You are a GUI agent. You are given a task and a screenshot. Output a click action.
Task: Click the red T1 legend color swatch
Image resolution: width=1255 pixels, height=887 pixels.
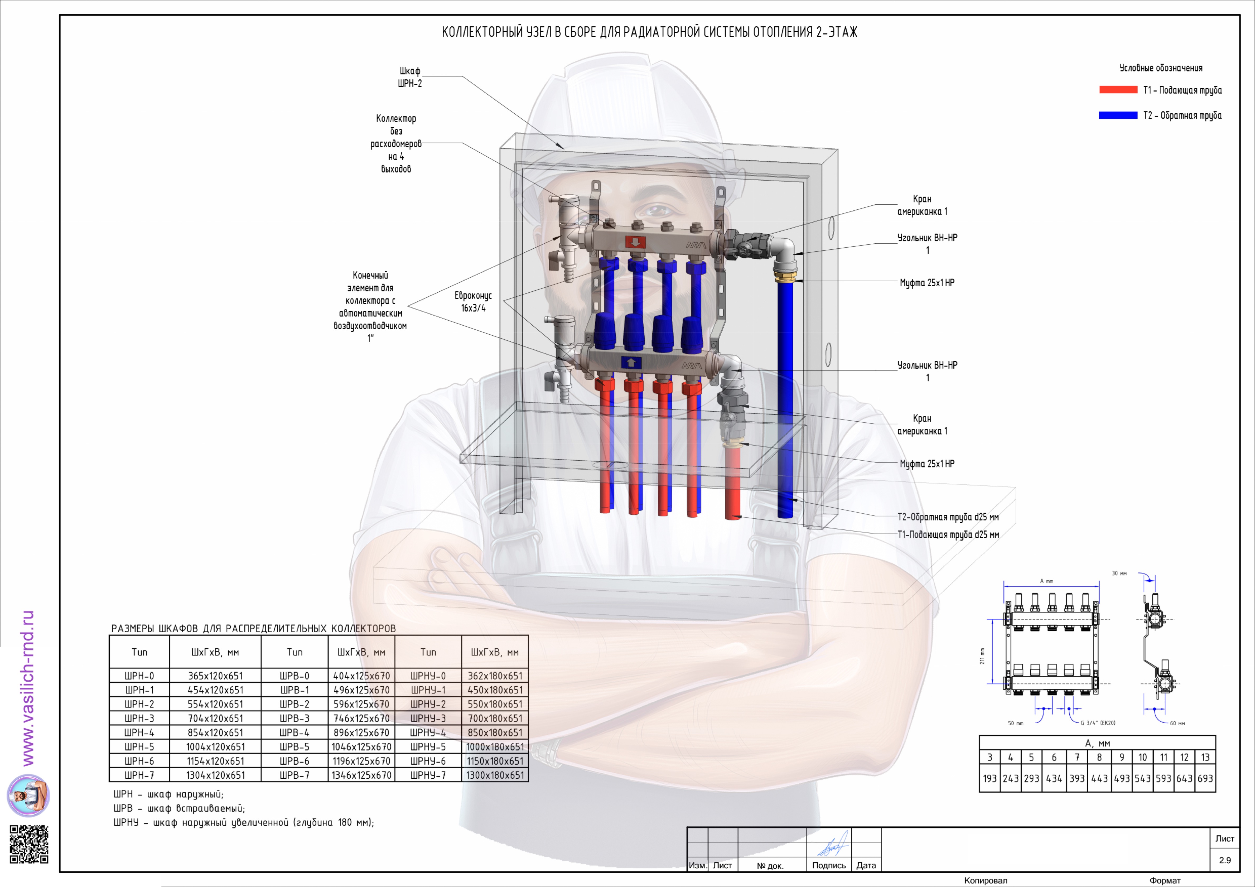click(x=1118, y=90)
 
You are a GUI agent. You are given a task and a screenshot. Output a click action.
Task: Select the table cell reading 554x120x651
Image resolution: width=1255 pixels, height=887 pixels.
click(x=215, y=704)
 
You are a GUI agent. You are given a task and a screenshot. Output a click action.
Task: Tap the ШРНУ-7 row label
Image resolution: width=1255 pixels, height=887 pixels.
click(x=428, y=775)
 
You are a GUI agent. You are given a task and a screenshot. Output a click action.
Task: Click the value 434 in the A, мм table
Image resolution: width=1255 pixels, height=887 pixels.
click(x=1054, y=778)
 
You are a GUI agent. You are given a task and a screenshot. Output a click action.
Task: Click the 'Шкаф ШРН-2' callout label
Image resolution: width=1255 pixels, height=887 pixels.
click(x=410, y=77)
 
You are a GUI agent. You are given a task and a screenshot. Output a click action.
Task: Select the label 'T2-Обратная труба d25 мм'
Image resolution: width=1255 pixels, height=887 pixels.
click(x=948, y=517)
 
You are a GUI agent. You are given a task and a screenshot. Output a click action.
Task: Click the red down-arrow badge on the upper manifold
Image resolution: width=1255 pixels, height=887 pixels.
click(x=635, y=242)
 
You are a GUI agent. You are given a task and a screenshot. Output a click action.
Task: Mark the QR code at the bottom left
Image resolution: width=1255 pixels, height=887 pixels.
click(x=29, y=844)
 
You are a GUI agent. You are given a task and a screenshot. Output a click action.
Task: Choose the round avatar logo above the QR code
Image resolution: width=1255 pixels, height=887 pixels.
click(x=28, y=795)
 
